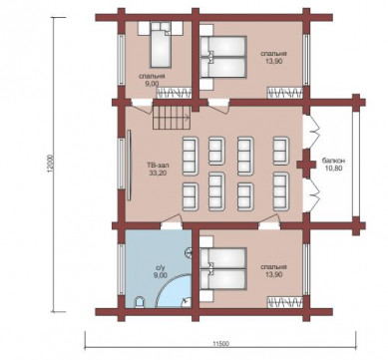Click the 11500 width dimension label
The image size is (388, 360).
220,344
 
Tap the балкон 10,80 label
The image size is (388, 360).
333,165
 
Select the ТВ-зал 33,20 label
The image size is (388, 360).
157,169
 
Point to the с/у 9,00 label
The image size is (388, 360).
161,271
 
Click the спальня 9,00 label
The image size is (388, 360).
152,80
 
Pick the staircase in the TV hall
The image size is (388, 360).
172,118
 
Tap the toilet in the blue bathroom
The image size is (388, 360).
140,303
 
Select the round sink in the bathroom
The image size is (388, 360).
189,252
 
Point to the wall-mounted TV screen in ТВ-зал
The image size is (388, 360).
130,165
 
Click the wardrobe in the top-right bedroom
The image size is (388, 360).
285,93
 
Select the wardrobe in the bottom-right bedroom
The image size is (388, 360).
285,302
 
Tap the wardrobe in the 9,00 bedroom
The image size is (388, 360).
175,93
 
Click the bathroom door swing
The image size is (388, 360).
172,222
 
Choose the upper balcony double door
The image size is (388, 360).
312,131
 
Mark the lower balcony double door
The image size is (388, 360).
312,195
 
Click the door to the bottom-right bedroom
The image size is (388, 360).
269,222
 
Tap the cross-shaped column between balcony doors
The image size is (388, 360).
306,165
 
